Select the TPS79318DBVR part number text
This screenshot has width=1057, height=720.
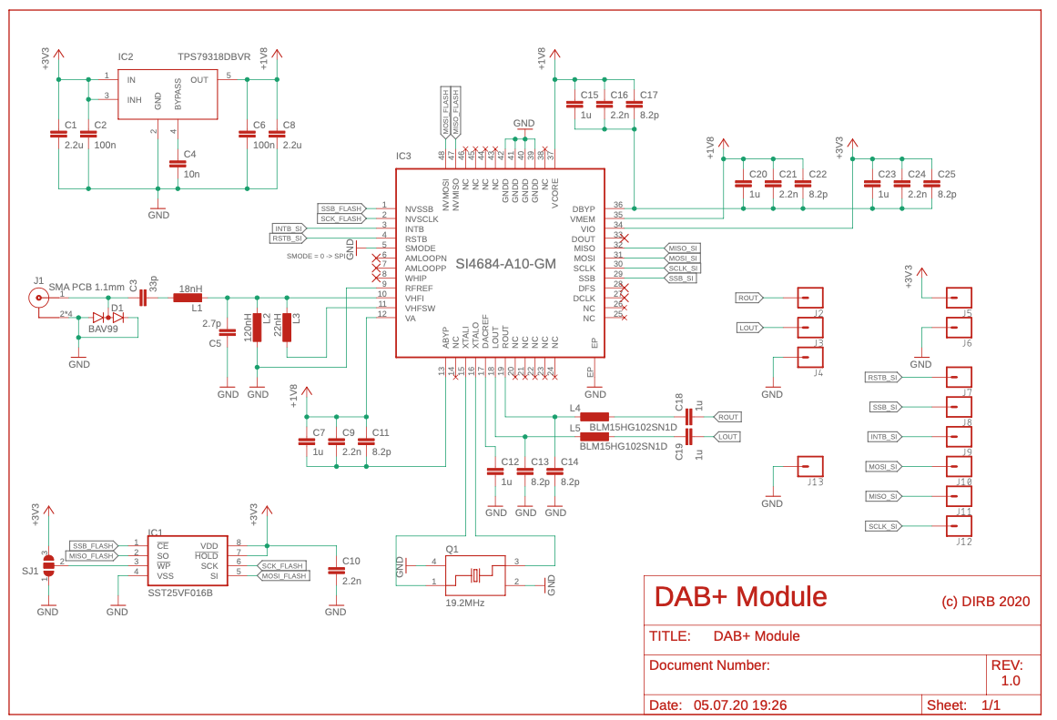(x=214, y=56)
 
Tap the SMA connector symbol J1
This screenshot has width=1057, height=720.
(x=39, y=296)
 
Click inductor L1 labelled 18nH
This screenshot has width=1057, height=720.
(x=188, y=296)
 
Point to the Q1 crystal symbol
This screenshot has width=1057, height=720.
(x=474, y=574)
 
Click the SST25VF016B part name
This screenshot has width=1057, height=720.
(x=180, y=593)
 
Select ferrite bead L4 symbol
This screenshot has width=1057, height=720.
(x=594, y=417)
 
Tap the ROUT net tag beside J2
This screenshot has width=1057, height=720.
(x=749, y=298)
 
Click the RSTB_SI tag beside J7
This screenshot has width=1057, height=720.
(x=882, y=377)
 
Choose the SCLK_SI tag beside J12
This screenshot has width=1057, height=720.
(x=882, y=526)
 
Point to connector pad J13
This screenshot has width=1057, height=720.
(x=810, y=466)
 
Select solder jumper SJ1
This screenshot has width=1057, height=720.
(x=49, y=564)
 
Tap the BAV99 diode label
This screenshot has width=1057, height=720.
(x=102, y=328)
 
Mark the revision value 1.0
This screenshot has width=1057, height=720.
(x=1011, y=680)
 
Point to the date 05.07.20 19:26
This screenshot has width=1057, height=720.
(x=740, y=705)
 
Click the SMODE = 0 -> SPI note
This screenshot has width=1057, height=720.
(x=314, y=257)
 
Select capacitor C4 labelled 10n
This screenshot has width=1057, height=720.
(x=177, y=164)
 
